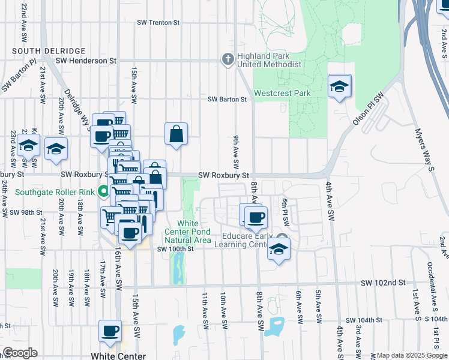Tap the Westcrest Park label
(282, 94)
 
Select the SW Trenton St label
(158, 22)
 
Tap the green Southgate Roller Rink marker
(103, 193)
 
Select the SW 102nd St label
(384, 282)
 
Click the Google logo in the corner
(20, 353)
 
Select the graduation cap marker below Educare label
(279, 248)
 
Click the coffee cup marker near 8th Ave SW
(256, 217)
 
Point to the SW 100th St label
(176, 249)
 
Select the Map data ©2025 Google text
(412, 355)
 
